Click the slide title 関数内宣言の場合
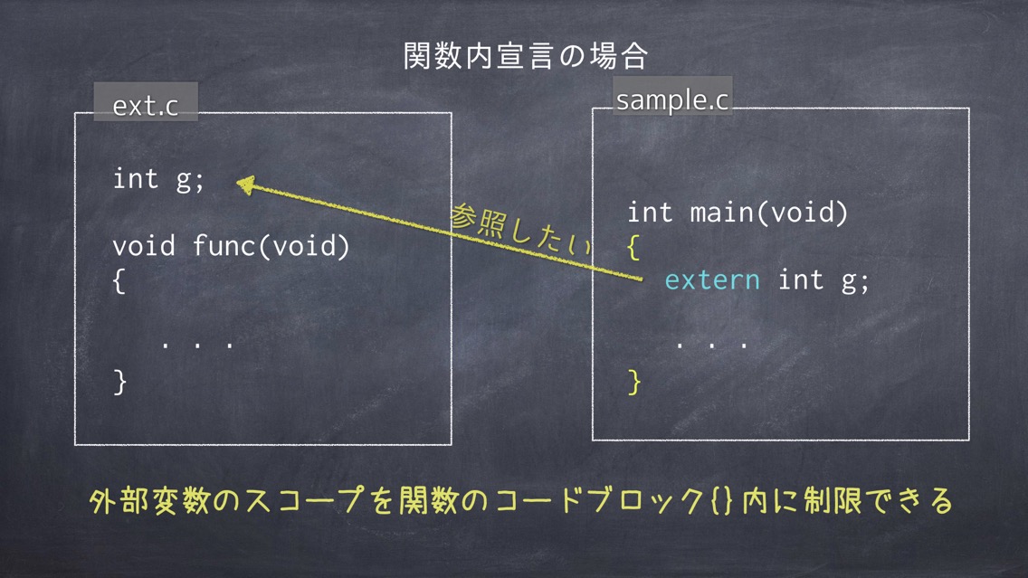click(x=525, y=56)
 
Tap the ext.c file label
click(x=145, y=105)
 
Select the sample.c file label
click(x=672, y=99)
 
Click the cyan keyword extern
click(x=712, y=280)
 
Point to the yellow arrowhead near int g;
click(x=245, y=185)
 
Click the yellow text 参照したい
click(x=520, y=230)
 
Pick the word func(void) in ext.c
click(x=271, y=246)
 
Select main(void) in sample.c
click(x=768, y=213)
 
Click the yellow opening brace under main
click(x=633, y=248)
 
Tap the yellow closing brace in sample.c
click(x=634, y=382)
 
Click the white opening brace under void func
click(x=119, y=281)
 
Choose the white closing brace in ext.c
click(x=120, y=382)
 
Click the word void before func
click(x=144, y=246)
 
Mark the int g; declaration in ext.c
click(x=158, y=179)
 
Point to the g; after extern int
click(x=855, y=281)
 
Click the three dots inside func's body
click(x=196, y=344)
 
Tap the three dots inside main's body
click(x=711, y=344)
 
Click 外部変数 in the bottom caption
click(x=148, y=501)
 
